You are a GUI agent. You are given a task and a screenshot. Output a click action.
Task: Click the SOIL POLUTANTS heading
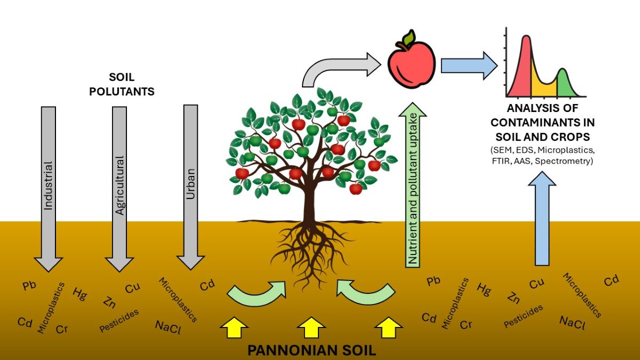(x=122, y=84)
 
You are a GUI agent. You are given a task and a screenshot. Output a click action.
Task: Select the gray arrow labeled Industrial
(x=49, y=187)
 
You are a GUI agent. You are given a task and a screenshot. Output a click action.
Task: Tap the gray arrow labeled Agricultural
(x=119, y=187)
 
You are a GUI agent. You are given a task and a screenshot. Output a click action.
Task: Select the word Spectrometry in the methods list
(x=572, y=159)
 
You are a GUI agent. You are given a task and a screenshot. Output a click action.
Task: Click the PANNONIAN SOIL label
(x=312, y=350)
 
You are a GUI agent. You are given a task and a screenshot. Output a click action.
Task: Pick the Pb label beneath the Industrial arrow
(x=29, y=285)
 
